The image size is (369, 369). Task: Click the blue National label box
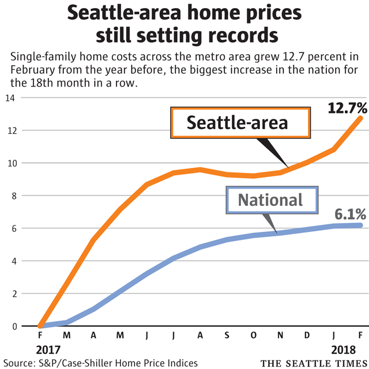pyautogui.click(x=270, y=200)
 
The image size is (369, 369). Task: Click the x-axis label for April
pyautogui.click(x=93, y=336)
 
